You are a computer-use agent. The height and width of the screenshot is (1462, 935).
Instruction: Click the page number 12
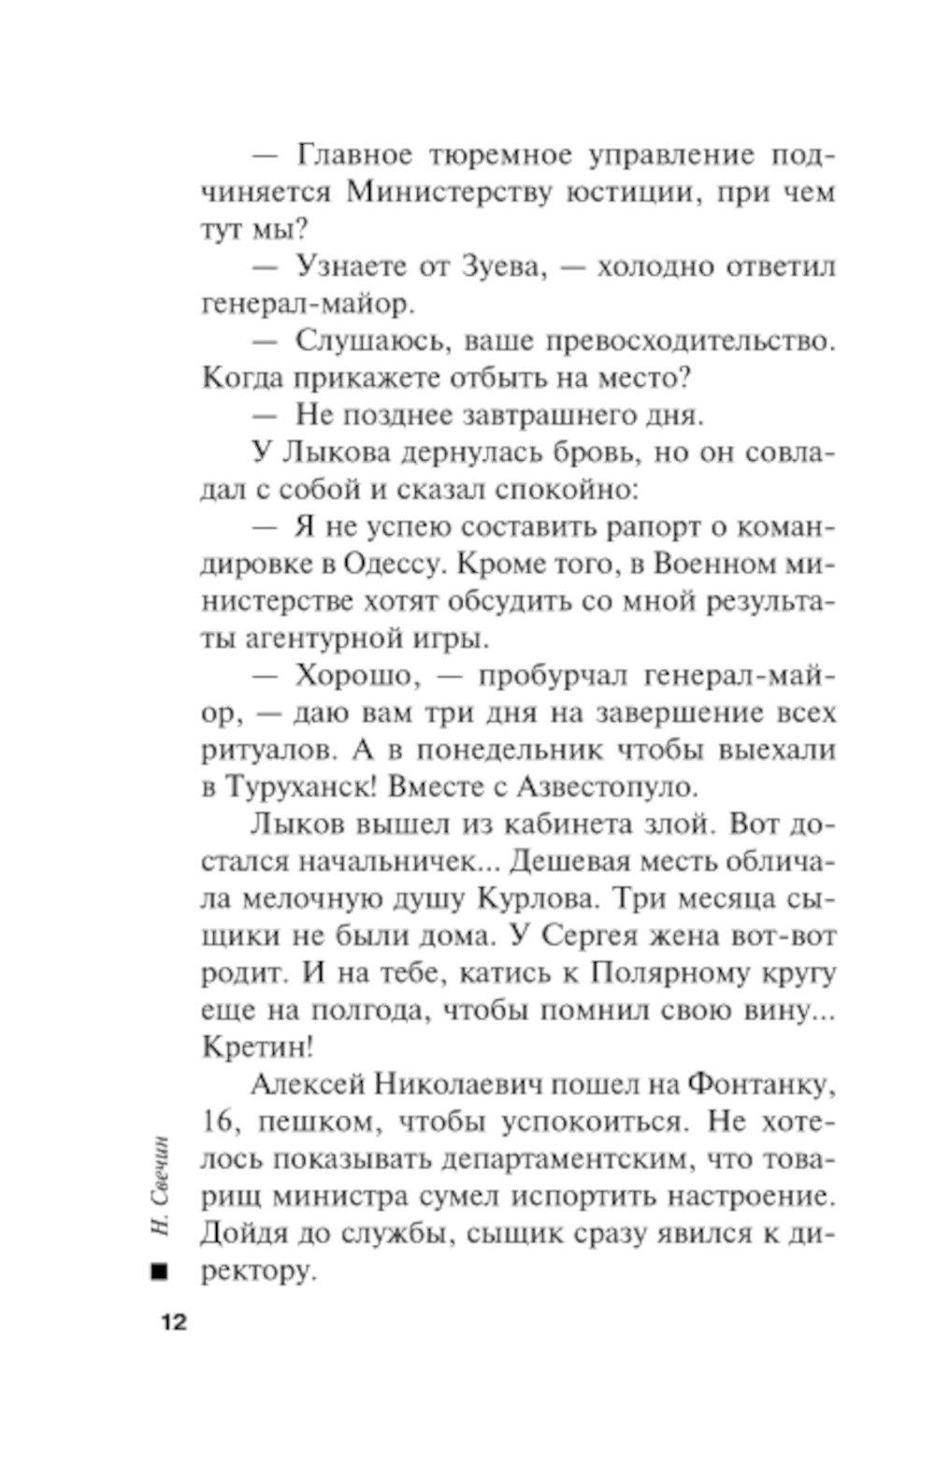[x=173, y=1322]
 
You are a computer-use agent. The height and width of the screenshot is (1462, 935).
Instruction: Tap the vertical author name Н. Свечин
[x=160, y=1186]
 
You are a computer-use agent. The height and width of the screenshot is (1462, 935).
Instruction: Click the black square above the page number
[x=160, y=1271]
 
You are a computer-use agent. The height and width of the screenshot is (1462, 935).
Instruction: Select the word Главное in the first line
[x=353, y=154]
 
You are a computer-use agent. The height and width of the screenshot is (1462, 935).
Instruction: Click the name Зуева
[x=501, y=266]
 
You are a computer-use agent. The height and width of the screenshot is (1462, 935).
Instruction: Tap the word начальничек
[x=385, y=861]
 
